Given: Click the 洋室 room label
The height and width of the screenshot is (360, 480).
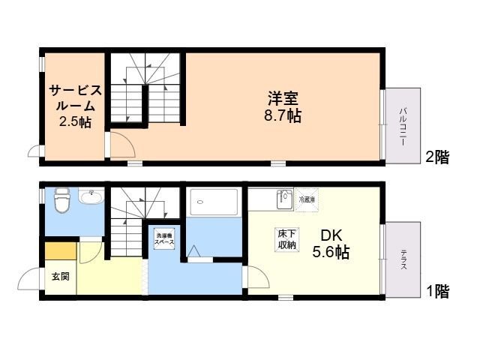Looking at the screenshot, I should tap(283, 97).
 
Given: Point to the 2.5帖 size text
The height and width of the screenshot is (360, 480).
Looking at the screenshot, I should tap(75, 121).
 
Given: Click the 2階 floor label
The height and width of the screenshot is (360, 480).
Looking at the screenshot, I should tap(437, 157).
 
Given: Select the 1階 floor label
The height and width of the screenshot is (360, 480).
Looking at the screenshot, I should tap(437, 291).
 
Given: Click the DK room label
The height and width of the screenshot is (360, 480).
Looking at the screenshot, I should tap(331, 235).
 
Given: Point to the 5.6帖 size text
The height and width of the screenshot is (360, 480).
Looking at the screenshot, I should tap(331, 253).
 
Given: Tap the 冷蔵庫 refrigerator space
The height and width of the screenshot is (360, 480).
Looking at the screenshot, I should tap(307, 199).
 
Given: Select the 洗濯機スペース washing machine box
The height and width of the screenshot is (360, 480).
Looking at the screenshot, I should tap(164, 239).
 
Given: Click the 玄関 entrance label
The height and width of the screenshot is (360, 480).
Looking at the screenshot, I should tap(60, 277).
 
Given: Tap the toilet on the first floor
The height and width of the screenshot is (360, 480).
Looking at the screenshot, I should tap(62, 199).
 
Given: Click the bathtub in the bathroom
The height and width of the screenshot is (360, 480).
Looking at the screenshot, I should tap(214, 200).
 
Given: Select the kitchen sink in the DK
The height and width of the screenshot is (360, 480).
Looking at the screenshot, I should tap(283, 200).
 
